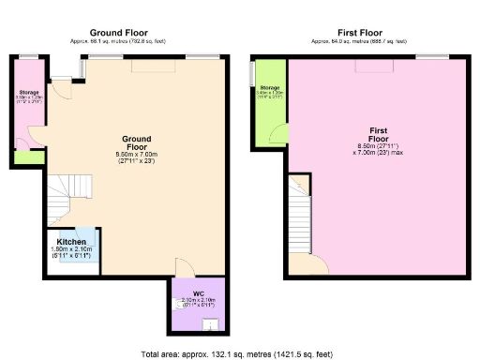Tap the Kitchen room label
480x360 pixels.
71,242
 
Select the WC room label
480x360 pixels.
198,293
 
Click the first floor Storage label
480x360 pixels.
271,87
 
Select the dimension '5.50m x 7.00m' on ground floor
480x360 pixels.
136,154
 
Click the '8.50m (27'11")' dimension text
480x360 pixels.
374,146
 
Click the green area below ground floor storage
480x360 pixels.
28,157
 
